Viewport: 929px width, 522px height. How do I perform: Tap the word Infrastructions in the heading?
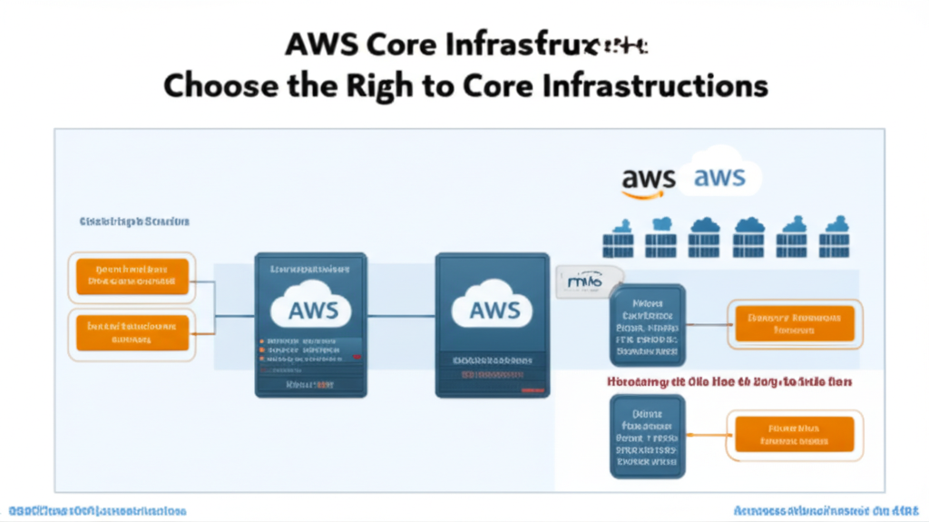click(x=666, y=85)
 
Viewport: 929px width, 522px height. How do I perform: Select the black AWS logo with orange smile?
click(x=649, y=180)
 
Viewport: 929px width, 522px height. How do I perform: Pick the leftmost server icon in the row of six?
click(x=618, y=239)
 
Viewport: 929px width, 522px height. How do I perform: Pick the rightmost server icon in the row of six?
click(x=836, y=239)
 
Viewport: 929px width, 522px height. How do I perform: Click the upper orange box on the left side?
click(x=132, y=276)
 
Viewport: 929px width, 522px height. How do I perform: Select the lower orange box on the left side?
click(x=132, y=331)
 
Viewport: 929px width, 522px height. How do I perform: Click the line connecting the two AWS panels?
click(x=401, y=317)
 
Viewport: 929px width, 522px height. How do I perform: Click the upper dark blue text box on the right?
click(x=647, y=323)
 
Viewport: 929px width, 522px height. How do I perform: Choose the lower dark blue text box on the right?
click(x=647, y=436)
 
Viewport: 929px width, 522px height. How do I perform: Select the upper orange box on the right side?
click(x=794, y=324)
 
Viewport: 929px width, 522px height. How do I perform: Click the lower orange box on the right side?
click(x=794, y=434)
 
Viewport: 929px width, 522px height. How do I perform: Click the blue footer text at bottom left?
click(x=98, y=510)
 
